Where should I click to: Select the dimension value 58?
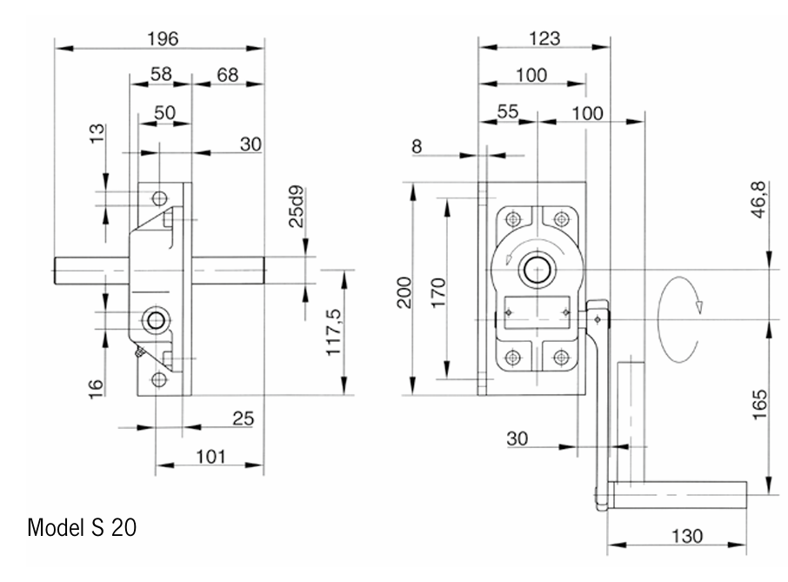[x=161, y=76]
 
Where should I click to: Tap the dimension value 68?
[x=227, y=76]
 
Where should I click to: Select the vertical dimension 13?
[x=97, y=133]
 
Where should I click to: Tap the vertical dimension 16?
[x=97, y=383]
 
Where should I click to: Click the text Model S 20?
[x=82, y=527]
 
